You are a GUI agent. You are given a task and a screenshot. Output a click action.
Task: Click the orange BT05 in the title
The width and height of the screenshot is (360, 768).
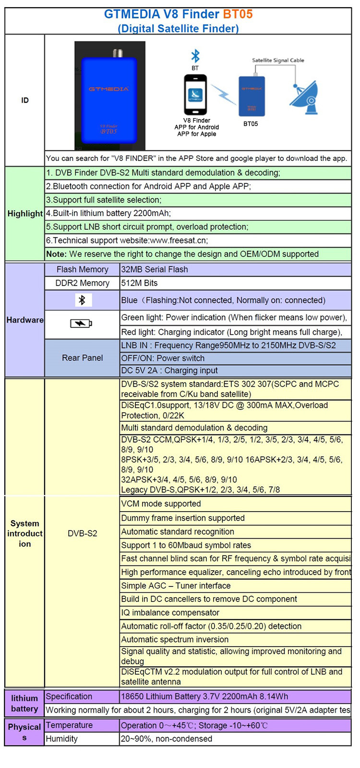pos(238,14)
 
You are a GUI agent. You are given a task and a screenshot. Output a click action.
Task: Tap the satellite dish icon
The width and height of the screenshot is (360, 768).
pos(304,97)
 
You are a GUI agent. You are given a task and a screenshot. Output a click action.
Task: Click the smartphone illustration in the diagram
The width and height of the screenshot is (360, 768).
pos(195,95)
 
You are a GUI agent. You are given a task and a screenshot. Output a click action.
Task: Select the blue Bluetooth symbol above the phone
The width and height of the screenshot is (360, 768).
pos(195,56)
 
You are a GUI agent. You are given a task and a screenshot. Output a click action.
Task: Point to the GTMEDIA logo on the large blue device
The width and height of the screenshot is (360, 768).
pos(109,89)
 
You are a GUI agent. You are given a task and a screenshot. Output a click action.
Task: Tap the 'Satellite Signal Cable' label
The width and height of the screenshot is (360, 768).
pos(278,60)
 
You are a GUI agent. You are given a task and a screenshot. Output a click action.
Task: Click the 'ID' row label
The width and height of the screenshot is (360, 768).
pos(25,100)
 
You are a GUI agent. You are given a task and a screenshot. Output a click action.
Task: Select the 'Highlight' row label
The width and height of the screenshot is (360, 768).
pos(25,214)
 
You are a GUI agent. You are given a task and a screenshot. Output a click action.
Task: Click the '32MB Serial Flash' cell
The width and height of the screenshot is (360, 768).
pos(155,269)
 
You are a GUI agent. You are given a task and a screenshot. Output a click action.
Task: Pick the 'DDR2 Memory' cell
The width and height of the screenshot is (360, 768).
pos(82,283)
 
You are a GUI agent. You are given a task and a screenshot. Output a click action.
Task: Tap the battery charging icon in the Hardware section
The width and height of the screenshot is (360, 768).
pos(81,324)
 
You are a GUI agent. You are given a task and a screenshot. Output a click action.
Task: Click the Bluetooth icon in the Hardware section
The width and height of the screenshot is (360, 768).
pos(82,300)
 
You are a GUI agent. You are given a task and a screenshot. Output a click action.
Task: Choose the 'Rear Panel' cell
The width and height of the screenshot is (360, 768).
pos(82,358)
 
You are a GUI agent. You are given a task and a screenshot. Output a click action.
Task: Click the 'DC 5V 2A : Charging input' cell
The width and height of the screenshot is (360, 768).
pos(169,371)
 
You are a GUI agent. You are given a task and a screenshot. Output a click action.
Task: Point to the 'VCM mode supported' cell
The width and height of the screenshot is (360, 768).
pos(161,504)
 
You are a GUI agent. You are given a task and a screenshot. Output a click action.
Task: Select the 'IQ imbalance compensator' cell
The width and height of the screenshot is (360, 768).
pos(170,612)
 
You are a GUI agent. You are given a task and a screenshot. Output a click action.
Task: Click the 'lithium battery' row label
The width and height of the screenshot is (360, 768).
pos(24,703)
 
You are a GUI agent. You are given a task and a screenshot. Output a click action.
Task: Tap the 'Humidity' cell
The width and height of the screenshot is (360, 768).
pos(62,739)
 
